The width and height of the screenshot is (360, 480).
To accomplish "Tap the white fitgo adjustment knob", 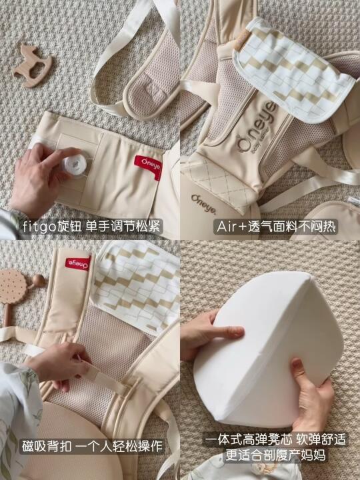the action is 74,165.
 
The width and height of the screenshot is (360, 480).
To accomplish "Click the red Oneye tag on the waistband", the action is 148,167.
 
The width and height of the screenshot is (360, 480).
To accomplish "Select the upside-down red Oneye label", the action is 78,263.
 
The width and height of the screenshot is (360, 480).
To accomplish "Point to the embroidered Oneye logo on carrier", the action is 257,128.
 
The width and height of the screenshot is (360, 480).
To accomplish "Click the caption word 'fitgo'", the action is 39,227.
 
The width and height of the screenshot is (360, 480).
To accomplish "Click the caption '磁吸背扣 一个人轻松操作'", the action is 92,446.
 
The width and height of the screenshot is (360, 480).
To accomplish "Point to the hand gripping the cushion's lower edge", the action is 312,397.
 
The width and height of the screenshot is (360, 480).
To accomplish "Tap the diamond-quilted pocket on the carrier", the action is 221,183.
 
